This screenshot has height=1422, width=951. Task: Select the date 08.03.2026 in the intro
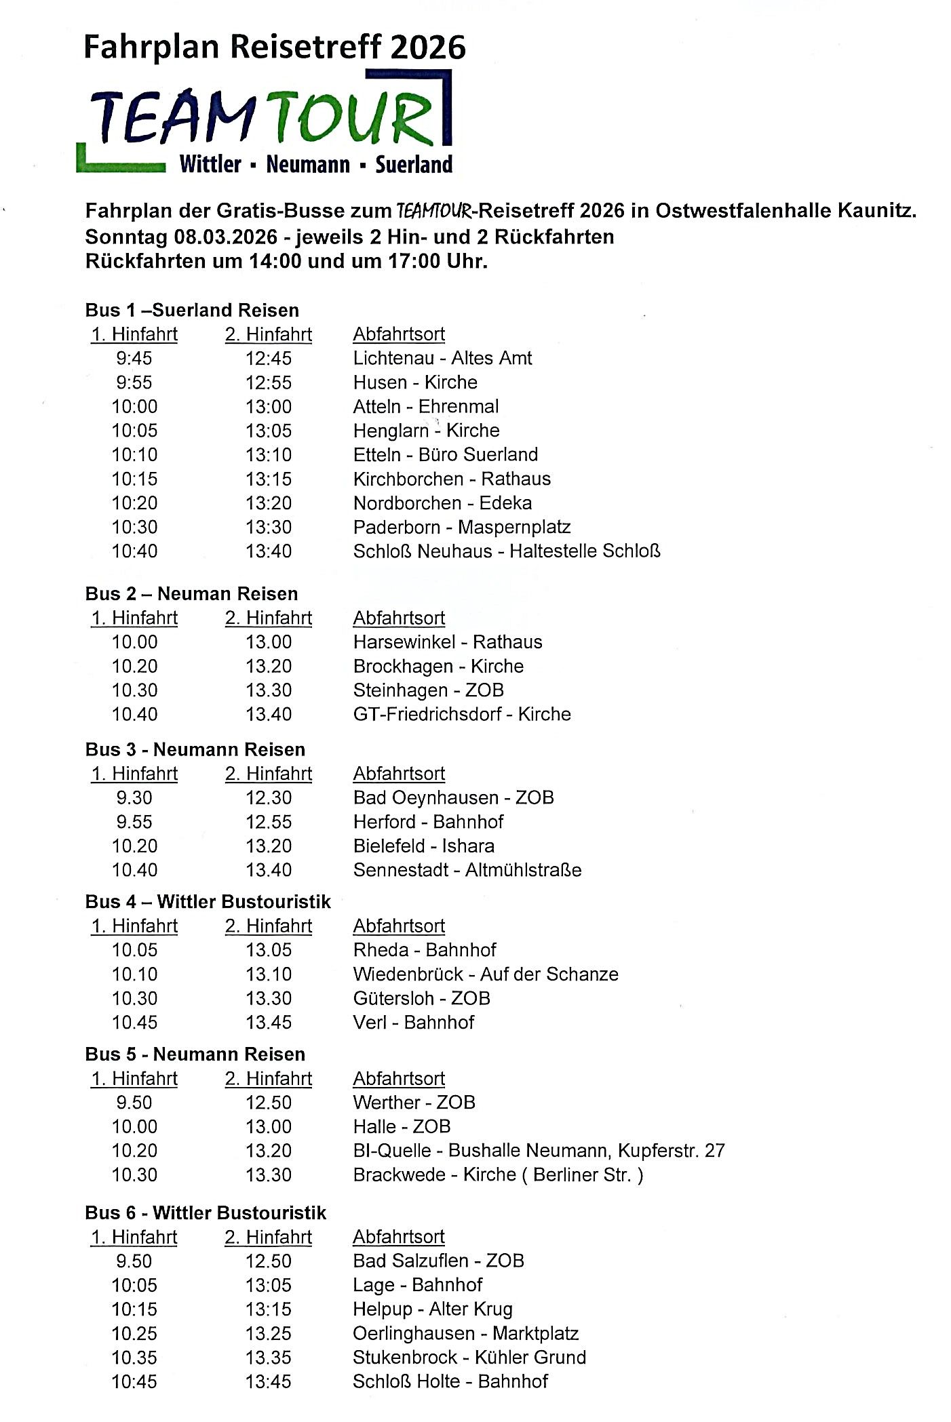click(226, 237)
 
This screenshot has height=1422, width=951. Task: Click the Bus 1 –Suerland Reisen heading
click(192, 310)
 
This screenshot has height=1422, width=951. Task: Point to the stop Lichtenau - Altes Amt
click(442, 358)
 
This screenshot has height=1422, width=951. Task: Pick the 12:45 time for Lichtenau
click(269, 358)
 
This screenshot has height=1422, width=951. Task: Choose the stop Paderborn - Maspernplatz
click(462, 527)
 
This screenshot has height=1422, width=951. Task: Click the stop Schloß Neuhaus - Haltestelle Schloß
click(507, 551)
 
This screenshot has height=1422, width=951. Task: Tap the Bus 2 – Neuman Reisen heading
click(191, 593)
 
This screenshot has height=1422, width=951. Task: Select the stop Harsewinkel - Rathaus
click(448, 641)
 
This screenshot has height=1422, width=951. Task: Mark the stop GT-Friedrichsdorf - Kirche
click(462, 714)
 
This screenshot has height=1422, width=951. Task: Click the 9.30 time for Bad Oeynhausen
click(134, 797)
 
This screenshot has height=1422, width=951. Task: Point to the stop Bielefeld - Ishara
click(424, 846)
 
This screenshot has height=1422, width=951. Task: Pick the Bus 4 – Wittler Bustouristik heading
click(208, 902)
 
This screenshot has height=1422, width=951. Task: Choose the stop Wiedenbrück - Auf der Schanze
click(486, 974)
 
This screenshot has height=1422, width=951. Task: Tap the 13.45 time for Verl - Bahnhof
click(269, 1023)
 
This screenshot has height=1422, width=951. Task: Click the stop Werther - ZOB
click(414, 1103)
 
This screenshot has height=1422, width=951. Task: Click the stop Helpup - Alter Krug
click(433, 1309)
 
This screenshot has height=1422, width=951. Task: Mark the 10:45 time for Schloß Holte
click(134, 1381)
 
